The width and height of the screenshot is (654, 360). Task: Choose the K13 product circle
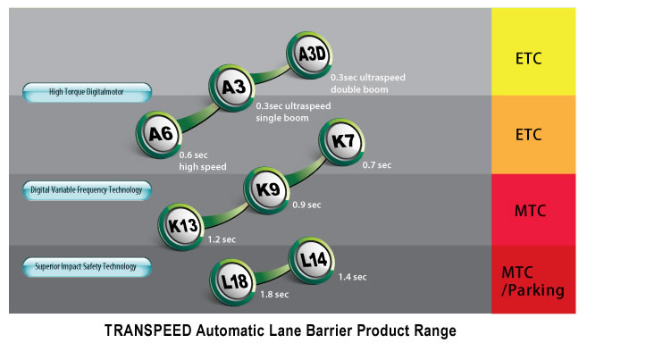182,225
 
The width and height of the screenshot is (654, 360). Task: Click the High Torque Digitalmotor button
87,90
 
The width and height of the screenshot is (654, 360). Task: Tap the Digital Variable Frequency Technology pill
87,189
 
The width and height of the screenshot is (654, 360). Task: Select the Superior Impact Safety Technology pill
87,266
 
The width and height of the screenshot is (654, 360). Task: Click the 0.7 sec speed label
377,165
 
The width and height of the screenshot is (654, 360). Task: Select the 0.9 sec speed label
306,205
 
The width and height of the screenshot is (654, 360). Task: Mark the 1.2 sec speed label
221,240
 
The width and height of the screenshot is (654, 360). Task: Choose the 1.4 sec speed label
352,277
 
